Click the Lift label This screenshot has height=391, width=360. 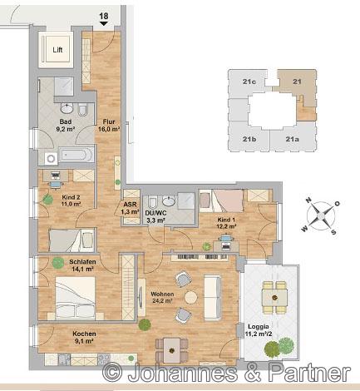tap(57, 50)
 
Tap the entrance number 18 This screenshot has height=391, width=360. tap(104, 16)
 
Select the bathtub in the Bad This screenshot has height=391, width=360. tap(76, 154)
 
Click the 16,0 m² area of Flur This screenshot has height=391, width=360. tap(109, 129)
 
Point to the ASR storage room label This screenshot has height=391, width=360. tap(130, 205)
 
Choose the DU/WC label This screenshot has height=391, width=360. tap(155, 213)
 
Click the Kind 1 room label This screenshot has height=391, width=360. tap(226, 220)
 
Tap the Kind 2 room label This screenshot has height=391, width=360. tap(71, 197)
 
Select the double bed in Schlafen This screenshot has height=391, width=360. tap(76, 298)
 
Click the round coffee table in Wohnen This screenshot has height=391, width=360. tap(191, 298)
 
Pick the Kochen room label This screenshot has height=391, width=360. tap(84, 334)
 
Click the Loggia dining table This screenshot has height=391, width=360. tap(274, 297)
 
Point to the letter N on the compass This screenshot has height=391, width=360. tap(308, 200)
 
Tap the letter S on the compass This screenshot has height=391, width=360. tap(333, 232)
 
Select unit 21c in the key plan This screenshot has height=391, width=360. tap(249, 82)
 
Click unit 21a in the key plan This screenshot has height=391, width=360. tap(292, 139)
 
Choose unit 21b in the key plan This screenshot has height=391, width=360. tap(249, 139)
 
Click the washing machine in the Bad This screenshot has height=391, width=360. tap(51, 159)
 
